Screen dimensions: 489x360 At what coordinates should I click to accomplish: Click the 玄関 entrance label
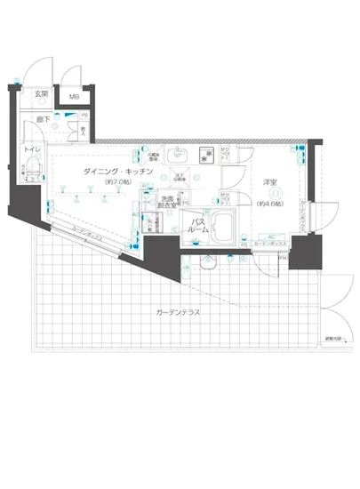pos(41,95)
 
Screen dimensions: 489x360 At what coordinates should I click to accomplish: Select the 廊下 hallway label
pos(41,118)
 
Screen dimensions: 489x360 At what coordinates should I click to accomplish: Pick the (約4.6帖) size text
pos(271,204)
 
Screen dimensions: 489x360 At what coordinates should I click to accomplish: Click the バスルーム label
pos(198,225)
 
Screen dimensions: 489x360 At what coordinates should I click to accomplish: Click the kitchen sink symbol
pos(174,154)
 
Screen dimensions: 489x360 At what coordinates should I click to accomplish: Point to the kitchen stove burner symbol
pos(204,154)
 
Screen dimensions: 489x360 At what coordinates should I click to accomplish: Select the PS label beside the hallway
pos(84,114)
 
